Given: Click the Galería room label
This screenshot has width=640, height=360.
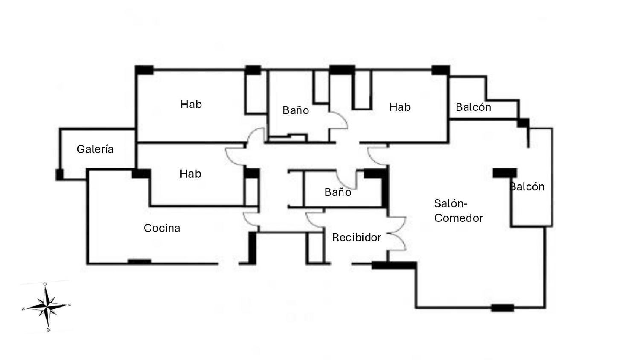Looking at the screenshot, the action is (x=95, y=149).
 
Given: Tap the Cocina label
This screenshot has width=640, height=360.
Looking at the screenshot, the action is (x=162, y=228).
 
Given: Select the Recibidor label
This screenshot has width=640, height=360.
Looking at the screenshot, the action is (x=356, y=238).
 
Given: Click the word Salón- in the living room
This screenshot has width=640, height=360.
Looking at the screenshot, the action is (x=451, y=203).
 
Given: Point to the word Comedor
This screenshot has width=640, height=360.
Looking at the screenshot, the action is (x=459, y=218).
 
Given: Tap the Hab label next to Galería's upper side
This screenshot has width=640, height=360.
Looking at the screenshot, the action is (x=191, y=105).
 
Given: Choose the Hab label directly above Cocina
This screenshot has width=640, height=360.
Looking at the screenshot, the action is (x=190, y=174).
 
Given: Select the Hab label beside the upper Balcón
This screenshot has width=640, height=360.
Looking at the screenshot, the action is (x=400, y=107).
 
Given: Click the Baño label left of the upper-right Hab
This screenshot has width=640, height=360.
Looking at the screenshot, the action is (x=296, y=111).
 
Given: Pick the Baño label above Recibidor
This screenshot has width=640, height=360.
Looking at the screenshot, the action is (x=337, y=192).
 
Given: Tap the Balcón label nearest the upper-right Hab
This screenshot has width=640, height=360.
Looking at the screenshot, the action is (x=473, y=107).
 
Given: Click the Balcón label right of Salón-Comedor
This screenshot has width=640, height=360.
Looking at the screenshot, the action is (x=527, y=187).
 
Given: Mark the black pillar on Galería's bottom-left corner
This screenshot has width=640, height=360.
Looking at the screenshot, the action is (x=59, y=174).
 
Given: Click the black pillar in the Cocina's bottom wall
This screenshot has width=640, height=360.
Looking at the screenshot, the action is (x=140, y=261).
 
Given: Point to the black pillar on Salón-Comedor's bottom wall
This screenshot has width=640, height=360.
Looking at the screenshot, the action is (x=502, y=308).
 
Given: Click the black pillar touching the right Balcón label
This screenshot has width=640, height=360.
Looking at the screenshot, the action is (x=504, y=173).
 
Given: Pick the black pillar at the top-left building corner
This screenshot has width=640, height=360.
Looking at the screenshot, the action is (x=144, y=70).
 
